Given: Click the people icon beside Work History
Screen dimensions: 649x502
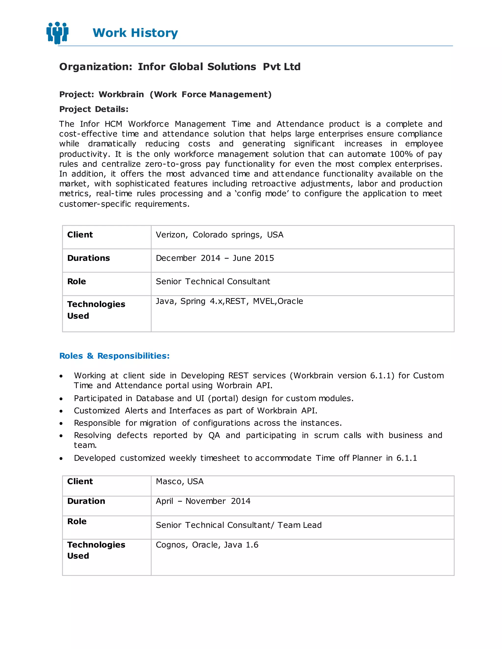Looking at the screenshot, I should (57, 33).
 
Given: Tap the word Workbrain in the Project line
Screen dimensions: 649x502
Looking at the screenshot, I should (121, 95).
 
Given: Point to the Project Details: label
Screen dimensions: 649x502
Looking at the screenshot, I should (94, 109).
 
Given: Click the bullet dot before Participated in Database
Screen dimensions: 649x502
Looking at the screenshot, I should (61, 399).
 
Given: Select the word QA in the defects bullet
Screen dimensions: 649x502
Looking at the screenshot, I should (214, 435).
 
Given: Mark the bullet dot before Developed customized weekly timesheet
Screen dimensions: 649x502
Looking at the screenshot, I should (61, 458).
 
